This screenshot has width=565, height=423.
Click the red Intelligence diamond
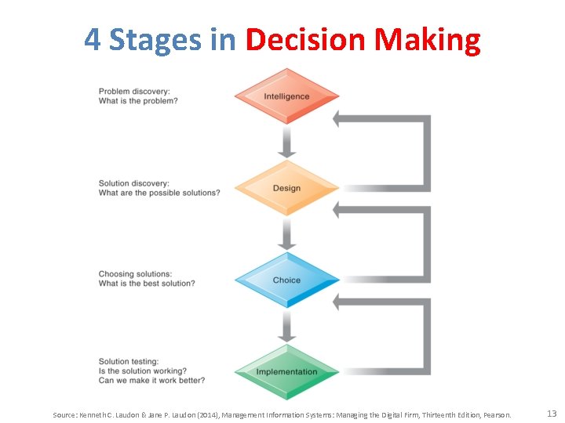coord(286,96)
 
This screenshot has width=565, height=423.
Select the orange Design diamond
coord(286,188)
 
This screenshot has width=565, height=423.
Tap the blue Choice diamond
coord(286,280)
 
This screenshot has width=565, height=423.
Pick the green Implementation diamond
coord(286,371)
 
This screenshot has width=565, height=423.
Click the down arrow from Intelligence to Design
coord(287,142)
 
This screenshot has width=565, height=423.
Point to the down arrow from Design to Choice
coord(287,233)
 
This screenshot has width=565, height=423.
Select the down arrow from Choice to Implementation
coord(287,325)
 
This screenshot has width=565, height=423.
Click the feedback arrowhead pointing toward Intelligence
coord(340,119)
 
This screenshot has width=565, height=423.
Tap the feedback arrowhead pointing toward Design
coord(340,210)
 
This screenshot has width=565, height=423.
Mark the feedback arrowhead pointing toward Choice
coord(340,302)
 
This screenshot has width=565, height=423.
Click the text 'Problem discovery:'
coord(133,92)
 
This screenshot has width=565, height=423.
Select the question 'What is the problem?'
coord(138,101)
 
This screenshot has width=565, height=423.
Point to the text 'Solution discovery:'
coord(134,183)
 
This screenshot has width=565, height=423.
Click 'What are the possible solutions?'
coord(159,193)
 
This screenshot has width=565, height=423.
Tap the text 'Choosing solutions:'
coord(135,274)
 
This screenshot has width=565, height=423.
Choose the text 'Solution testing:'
coord(129,361)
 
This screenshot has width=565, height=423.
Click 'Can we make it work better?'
coord(152,380)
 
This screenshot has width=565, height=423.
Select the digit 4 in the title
coord(93,39)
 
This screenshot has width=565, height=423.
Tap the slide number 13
coord(552,414)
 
